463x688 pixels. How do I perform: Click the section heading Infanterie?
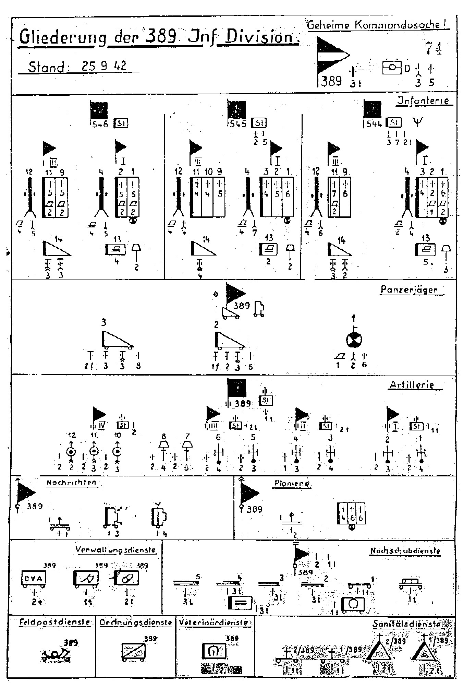click(425, 101)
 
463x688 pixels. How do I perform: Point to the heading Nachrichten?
click(71, 483)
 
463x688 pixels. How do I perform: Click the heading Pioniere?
click(292, 483)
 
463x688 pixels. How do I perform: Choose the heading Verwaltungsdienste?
click(115, 550)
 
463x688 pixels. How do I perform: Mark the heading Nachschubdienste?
click(405, 551)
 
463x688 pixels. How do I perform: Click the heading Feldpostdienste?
click(54, 622)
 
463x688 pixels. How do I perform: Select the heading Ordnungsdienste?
click(136, 622)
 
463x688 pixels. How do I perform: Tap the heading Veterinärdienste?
click(215, 622)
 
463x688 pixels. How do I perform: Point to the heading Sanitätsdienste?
click(406, 624)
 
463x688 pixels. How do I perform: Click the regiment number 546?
click(100, 124)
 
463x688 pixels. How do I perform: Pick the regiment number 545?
click(238, 123)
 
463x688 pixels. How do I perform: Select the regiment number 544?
click(374, 123)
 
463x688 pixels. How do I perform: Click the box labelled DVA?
click(33, 578)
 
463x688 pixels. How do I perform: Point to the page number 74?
click(433, 48)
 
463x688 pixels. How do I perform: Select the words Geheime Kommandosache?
click(378, 25)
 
